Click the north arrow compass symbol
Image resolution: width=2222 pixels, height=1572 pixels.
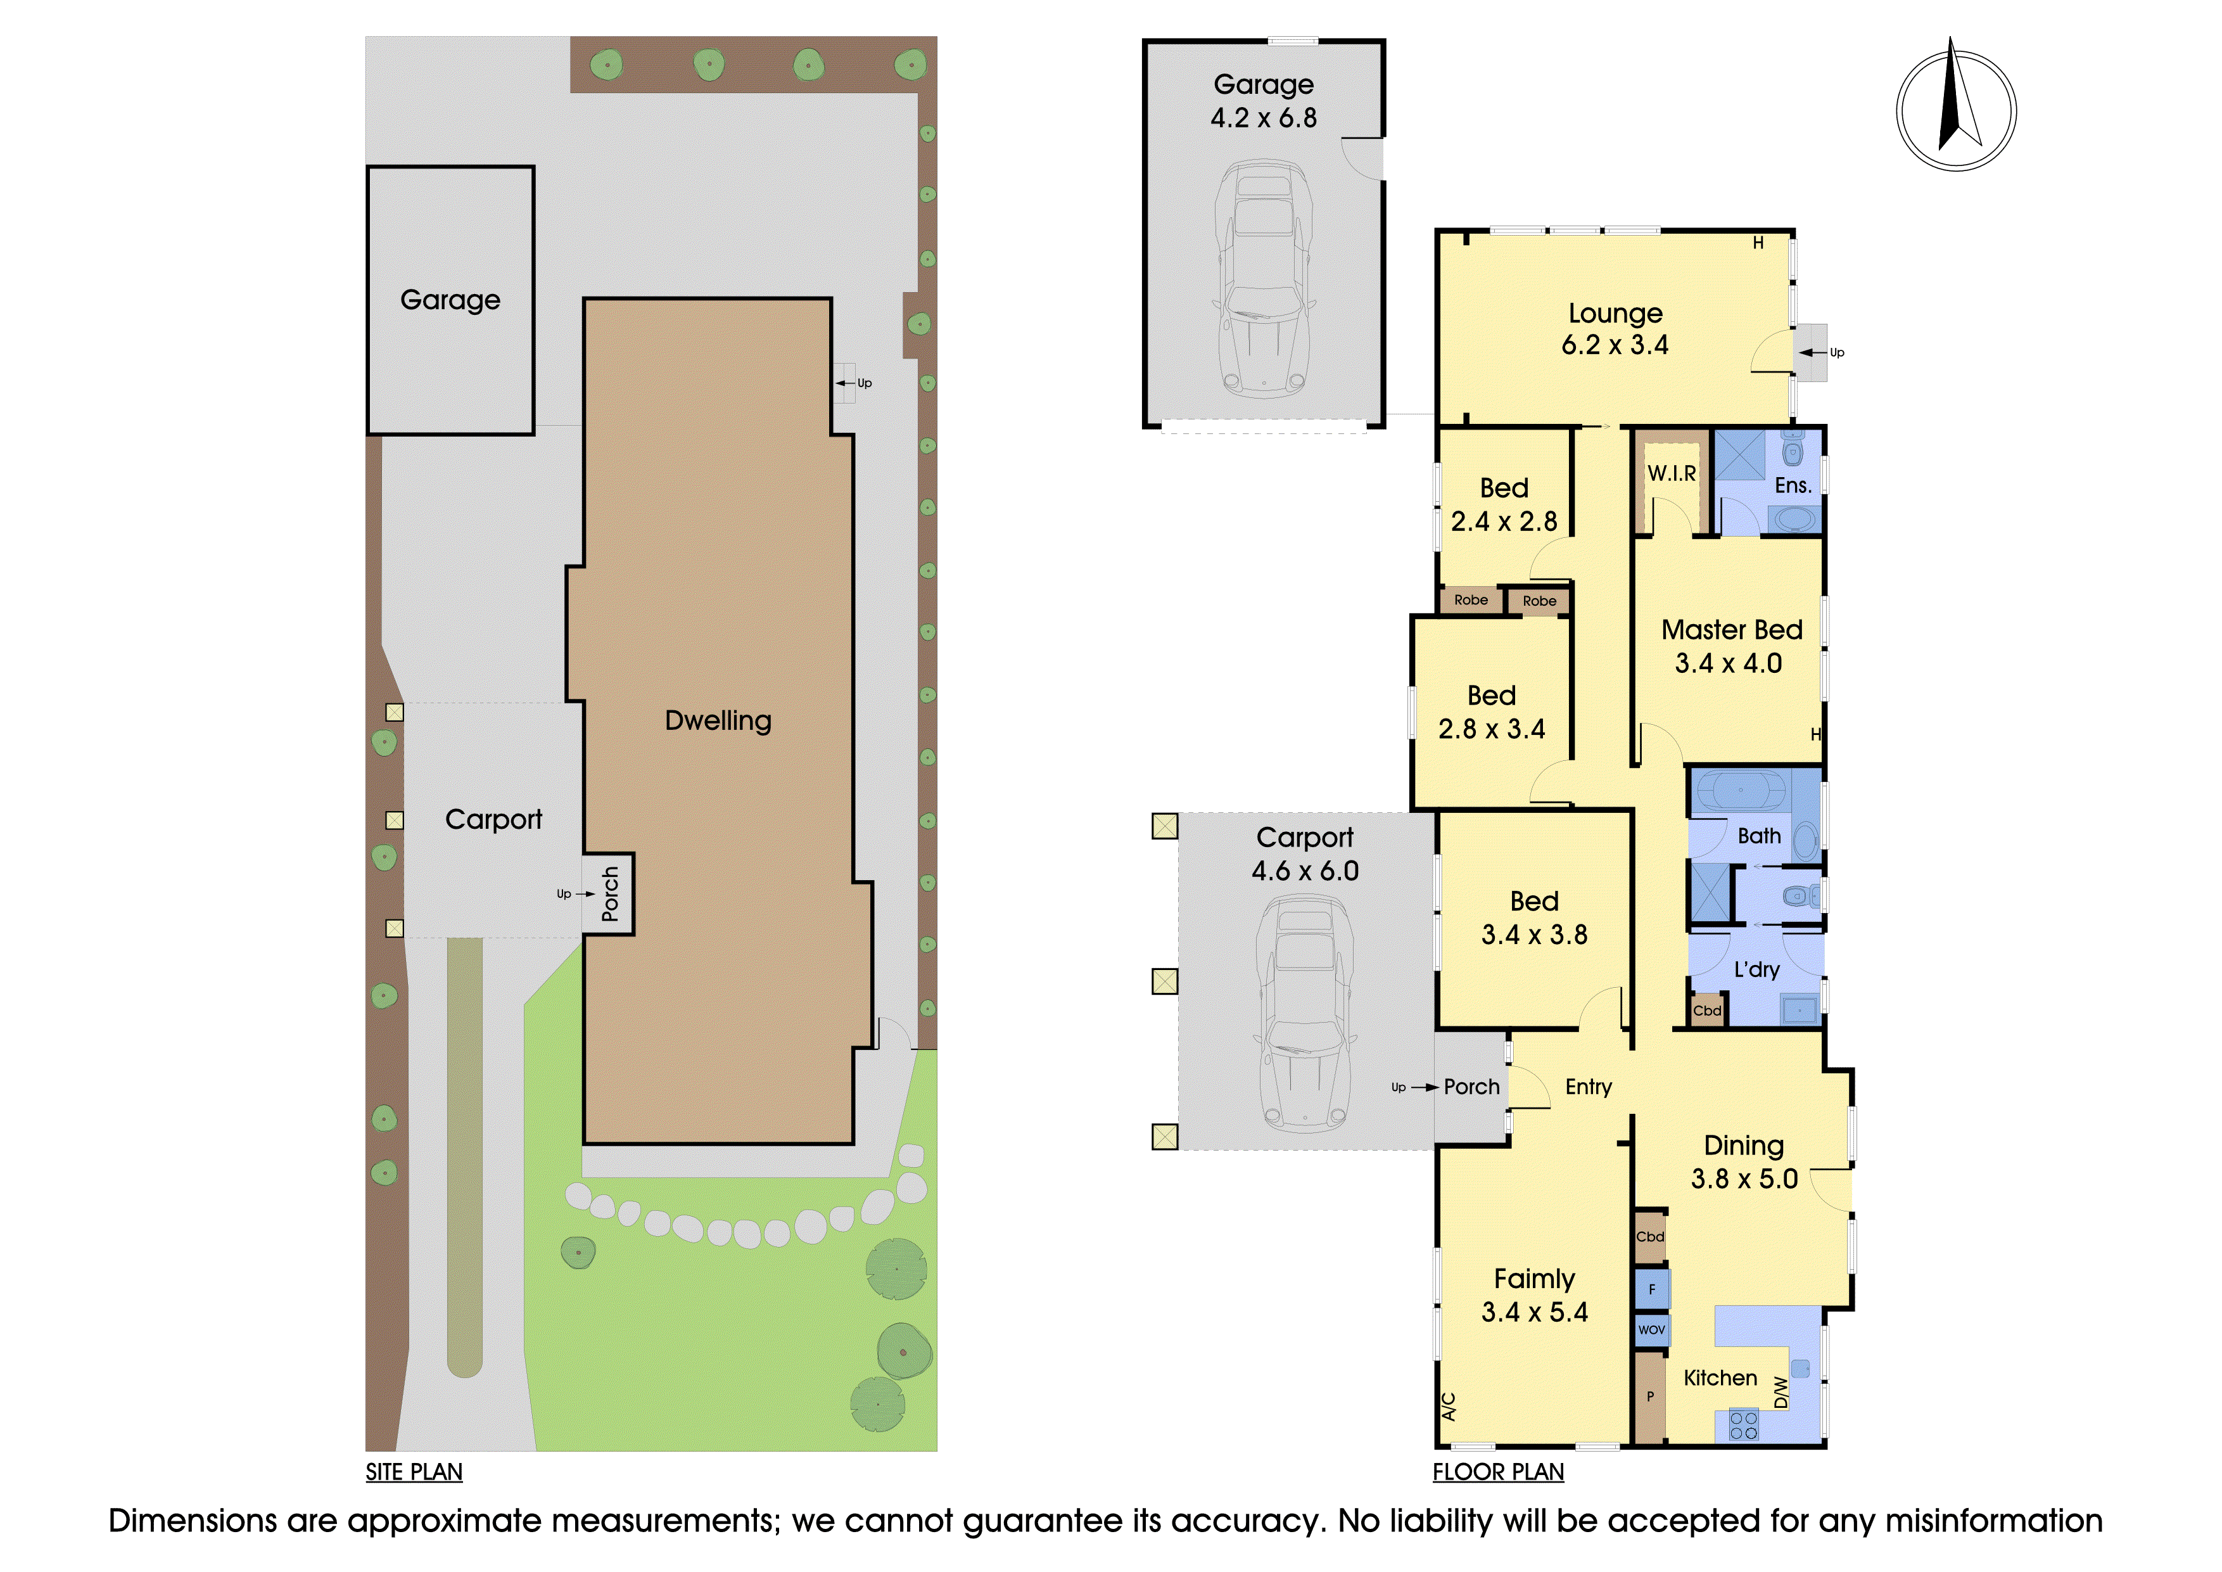coord(1956,106)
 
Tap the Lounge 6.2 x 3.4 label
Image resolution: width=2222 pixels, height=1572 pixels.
coord(1615,329)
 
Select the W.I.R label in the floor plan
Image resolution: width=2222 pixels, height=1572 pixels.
coord(1672,473)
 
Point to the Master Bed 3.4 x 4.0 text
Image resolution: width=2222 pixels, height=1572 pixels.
coord(1731,646)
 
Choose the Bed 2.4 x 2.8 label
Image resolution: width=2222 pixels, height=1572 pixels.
coord(1504,504)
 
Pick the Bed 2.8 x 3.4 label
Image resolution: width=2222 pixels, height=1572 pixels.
coord(1491,712)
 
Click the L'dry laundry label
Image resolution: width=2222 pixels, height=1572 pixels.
coord(1756,969)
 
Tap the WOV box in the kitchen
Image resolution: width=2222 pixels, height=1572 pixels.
coord(1651,1329)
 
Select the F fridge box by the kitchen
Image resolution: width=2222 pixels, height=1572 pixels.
coord(1652,1288)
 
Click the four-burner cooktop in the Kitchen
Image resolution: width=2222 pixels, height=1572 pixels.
coord(1744,1426)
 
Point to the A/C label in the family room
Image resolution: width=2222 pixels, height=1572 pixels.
coord(1449,1405)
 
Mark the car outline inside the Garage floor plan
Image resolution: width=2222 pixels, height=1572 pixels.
coord(1264,279)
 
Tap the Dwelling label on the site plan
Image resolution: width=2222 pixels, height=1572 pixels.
coord(718,720)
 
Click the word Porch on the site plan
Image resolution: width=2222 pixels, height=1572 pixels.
coord(609,893)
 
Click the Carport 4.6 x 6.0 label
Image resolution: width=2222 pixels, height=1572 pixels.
coord(1305,853)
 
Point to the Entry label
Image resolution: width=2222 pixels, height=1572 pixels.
coord(1588,1087)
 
